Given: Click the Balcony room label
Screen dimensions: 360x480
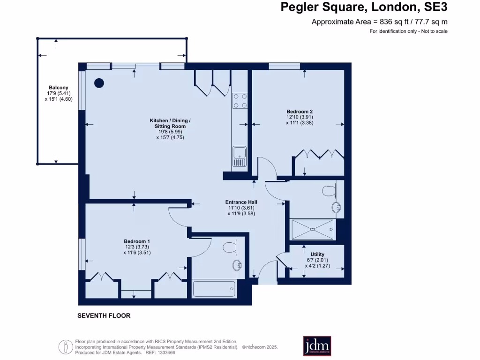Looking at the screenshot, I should (x=59, y=88).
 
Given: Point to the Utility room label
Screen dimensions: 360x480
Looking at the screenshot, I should (x=317, y=255).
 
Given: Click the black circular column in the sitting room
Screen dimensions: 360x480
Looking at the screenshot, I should (x=99, y=83).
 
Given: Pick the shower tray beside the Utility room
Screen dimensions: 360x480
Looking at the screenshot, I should (x=313, y=229).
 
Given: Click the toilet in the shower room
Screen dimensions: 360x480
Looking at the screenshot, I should (x=330, y=190).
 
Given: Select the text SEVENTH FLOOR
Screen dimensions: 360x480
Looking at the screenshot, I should (x=104, y=316).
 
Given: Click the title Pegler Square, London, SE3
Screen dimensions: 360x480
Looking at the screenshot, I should (x=364, y=7).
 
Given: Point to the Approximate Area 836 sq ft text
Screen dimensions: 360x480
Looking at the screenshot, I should (x=380, y=22).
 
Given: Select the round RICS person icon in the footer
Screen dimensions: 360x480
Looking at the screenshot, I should (x=65, y=347).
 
